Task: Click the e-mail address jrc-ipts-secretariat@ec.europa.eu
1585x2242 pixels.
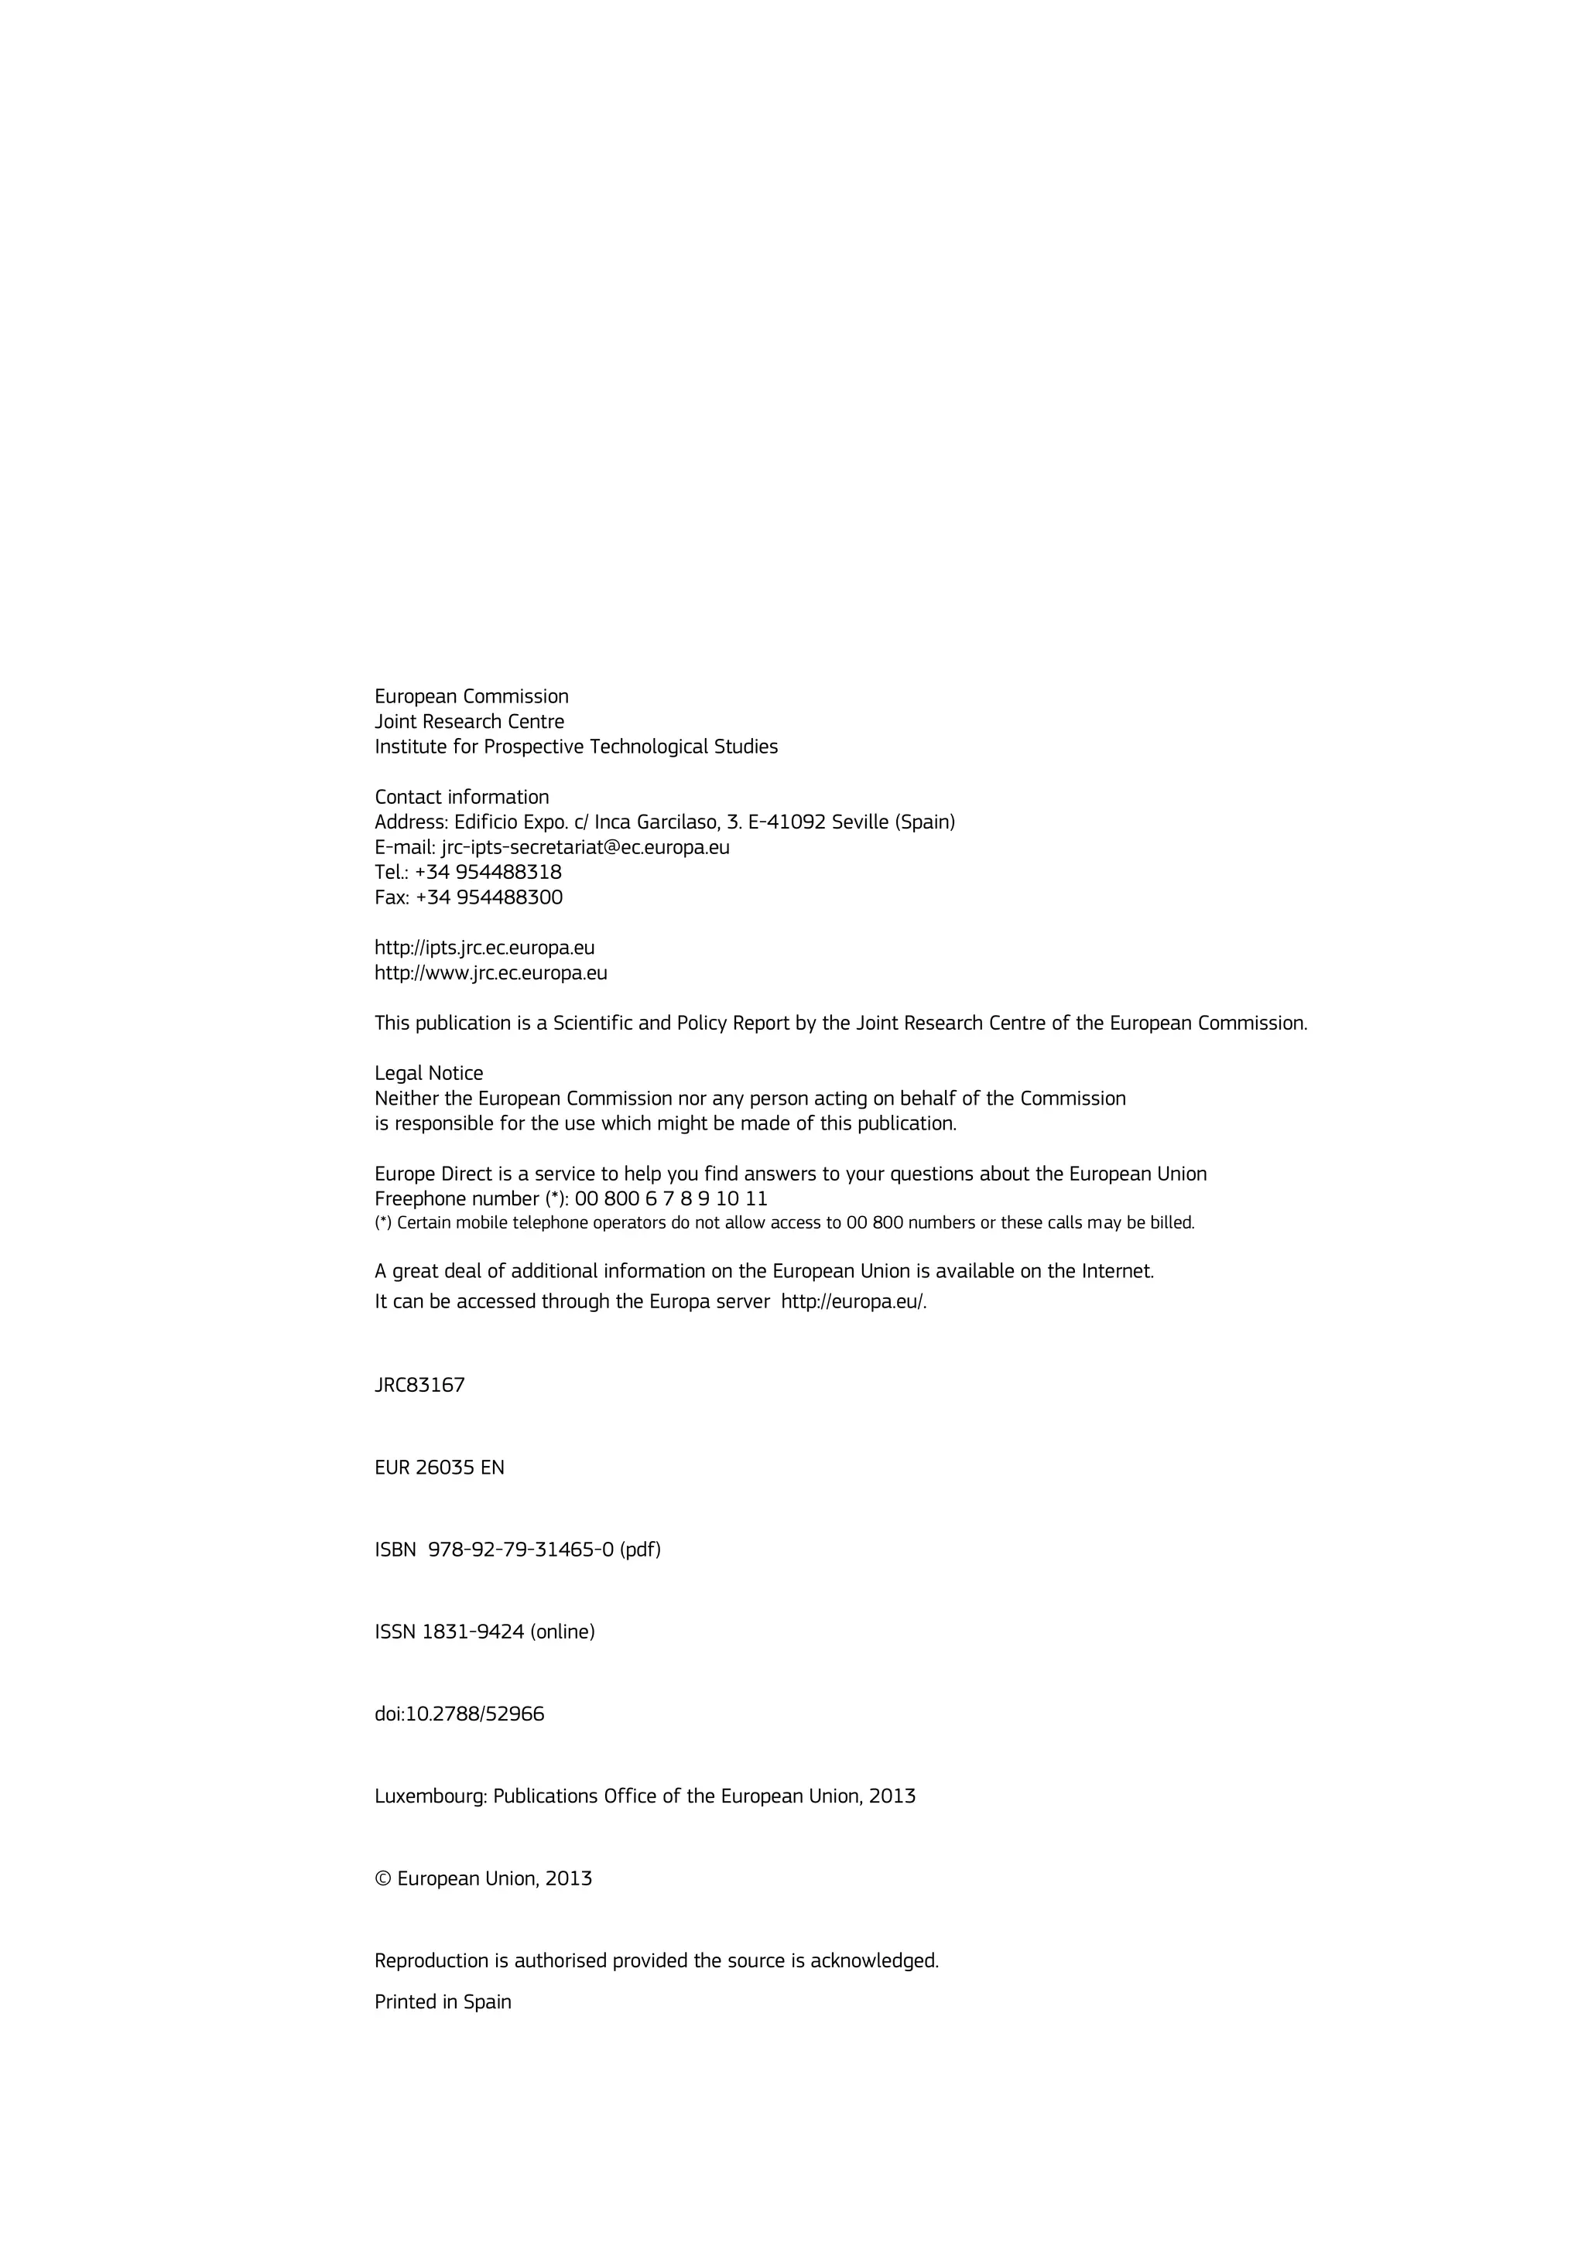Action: pyautogui.click(x=585, y=848)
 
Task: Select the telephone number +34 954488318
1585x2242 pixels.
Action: pyautogui.click(x=488, y=872)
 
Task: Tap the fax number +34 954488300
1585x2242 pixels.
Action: pyautogui.click(x=489, y=897)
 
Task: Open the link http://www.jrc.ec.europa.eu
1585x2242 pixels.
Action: pyautogui.click(x=491, y=973)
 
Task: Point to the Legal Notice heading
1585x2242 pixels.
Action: pyautogui.click(x=429, y=1073)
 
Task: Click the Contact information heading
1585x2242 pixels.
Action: pyautogui.click(x=462, y=797)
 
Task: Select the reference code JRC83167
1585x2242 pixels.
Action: pyautogui.click(x=420, y=1385)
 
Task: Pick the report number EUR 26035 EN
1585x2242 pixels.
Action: pyautogui.click(x=440, y=1468)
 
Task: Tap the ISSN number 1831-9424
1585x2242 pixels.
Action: pyautogui.click(x=473, y=1632)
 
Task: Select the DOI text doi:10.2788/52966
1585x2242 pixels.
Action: pyautogui.click(x=460, y=1714)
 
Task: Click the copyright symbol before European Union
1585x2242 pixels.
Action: pyautogui.click(x=383, y=1878)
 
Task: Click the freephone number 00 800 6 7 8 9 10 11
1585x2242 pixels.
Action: pyautogui.click(x=671, y=1198)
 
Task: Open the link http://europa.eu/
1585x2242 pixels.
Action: pyautogui.click(x=853, y=1302)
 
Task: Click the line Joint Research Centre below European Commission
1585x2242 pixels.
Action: pyautogui.click(x=470, y=722)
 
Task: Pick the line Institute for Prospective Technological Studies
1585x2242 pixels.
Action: pyautogui.click(x=576, y=747)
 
